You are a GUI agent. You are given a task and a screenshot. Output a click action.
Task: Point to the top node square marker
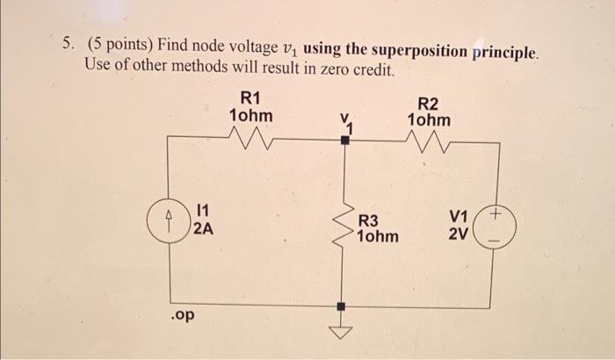(x=344, y=138)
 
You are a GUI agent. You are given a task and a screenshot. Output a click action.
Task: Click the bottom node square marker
(x=344, y=307)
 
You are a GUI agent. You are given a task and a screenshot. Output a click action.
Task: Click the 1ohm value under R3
(x=377, y=237)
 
